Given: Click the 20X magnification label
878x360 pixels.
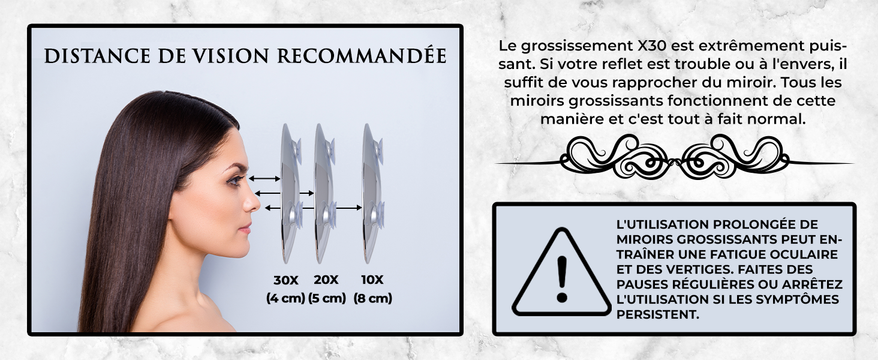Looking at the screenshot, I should pyautogui.click(x=326, y=280).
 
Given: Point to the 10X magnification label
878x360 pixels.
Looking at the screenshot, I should pyautogui.click(x=372, y=280).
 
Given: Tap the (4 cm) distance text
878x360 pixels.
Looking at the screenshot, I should pyautogui.click(x=285, y=298).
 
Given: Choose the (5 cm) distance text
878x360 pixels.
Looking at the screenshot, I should pyautogui.click(x=327, y=298).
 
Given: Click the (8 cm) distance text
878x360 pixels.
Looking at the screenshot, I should pyautogui.click(x=372, y=298).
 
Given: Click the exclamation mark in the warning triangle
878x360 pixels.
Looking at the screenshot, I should pyautogui.click(x=562, y=278).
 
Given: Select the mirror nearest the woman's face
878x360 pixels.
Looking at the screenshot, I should pyautogui.click(x=289, y=192).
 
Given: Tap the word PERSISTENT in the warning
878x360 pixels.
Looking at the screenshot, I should pyautogui.click(x=657, y=314).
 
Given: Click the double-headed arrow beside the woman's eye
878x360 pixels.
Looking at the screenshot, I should pyautogui.click(x=264, y=179).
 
